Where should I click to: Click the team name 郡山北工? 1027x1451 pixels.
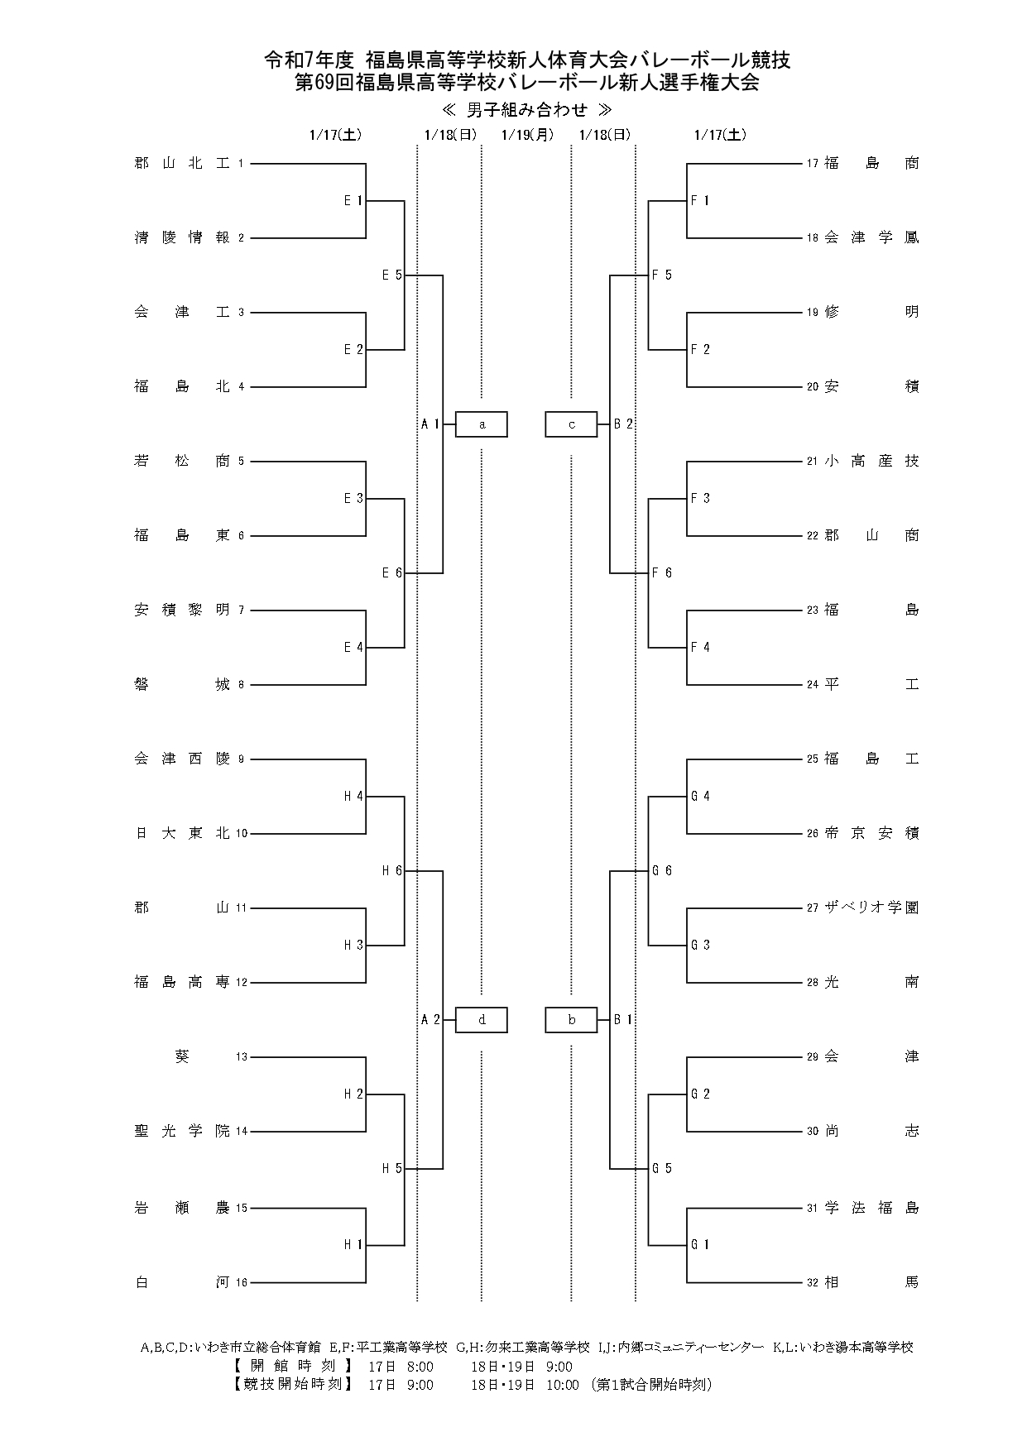(181, 164)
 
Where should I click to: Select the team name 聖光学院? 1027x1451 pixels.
(181, 1131)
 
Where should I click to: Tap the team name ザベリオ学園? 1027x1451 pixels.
(871, 907)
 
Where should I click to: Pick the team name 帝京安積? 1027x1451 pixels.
(871, 833)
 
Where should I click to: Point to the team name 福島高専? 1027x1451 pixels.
(181, 982)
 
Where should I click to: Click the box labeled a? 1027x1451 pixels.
(482, 424)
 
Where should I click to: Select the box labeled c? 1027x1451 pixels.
(571, 424)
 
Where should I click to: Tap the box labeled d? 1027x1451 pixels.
(482, 1020)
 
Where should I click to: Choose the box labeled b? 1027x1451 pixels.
(571, 1020)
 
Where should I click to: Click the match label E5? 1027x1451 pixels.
(391, 275)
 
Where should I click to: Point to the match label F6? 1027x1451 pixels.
(662, 572)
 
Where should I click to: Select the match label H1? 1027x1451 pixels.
(353, 1244)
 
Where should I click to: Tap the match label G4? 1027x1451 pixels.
(700, 796)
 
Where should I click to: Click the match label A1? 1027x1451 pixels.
(430, 424)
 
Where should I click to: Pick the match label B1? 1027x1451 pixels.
(623, 1020)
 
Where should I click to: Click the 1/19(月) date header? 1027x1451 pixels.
(527, 135)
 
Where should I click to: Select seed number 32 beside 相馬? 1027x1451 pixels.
(813, 1283)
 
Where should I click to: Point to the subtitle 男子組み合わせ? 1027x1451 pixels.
(527, 110)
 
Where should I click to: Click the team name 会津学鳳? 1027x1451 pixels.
(871, 237)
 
